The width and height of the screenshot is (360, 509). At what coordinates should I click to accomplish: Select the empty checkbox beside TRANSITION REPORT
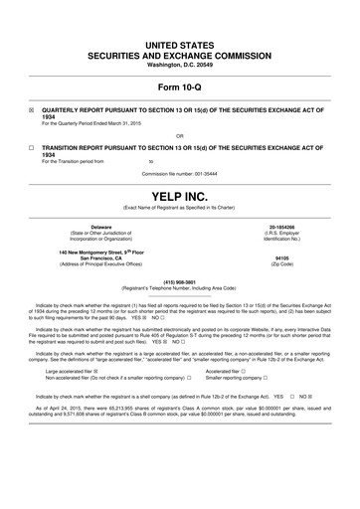coord(31,145)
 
